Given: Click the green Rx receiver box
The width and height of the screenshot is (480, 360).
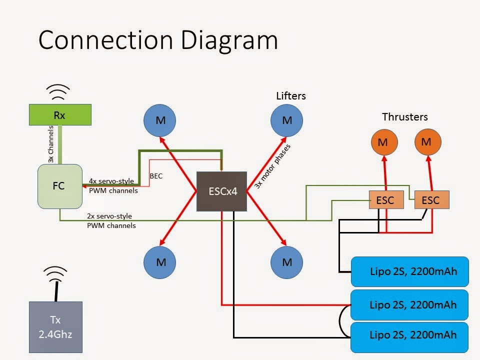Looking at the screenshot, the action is pos(60,115).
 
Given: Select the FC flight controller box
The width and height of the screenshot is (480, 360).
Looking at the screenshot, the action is pos(60,186).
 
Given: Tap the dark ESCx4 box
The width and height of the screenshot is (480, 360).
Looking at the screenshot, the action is pos(221,191).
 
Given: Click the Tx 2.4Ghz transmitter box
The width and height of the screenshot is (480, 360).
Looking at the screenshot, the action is pos(55,327).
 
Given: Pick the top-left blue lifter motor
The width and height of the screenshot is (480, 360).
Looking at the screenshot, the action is pos(160,120).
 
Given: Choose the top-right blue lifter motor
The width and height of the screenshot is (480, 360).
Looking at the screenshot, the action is pos(287,120).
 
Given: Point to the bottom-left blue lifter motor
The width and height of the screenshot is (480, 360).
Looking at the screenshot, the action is pos(160,262).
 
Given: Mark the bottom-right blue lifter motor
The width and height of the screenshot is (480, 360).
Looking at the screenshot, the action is pos(287,262).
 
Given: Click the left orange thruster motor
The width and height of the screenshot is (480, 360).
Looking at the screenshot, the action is pos(384,142).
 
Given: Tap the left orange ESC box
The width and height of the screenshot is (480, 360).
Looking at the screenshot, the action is pos(386,200).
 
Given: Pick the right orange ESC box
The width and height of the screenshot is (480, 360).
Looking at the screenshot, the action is pos(432,200).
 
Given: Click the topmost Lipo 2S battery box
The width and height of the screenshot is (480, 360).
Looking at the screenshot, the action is pos(410,271).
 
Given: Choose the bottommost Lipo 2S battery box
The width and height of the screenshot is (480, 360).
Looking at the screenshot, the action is pos(409,337).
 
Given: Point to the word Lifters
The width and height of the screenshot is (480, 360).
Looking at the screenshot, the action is pos(291,96).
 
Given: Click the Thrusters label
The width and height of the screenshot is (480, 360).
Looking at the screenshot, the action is pos(404,117).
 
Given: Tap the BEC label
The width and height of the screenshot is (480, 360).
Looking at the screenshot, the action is pos(156,176).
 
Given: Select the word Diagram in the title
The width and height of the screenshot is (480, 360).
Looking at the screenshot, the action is pos(229,40).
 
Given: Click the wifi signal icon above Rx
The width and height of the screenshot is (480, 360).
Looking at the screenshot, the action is pos(58,91).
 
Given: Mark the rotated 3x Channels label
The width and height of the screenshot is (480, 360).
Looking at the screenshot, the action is pos(51,144).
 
